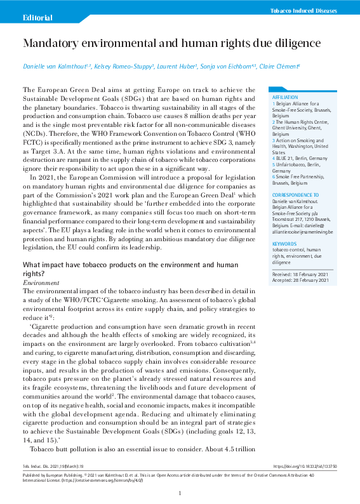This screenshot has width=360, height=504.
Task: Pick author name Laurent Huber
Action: pyautogui.click(x=177, y=67)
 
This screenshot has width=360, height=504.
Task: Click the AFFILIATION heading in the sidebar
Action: pyautogui.click(x=284, y=97)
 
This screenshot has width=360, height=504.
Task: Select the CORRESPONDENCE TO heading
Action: pyautogui.click(x=295, y=194)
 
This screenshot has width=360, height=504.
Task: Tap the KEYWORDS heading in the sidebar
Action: pyautogui.click(x=284, y=244)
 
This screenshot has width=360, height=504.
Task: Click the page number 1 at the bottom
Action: pyautogui.click(x=180, y=493)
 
